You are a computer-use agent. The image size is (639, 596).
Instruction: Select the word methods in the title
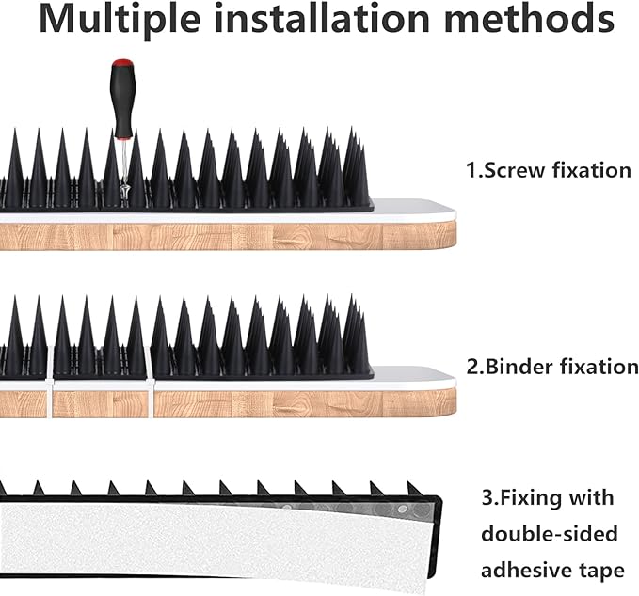click(535, 20)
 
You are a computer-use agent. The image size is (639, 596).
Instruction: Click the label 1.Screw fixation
click(548, 170)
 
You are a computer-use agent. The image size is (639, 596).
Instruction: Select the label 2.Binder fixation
click(551, 366)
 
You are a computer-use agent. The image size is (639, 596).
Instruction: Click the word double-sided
click(550, 534)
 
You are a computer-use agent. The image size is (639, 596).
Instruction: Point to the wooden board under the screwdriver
click(226, 235)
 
